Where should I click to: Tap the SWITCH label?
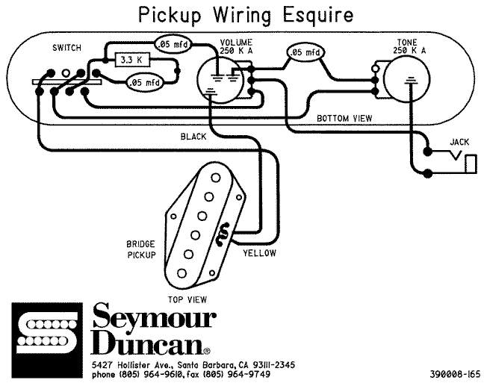pyautogui.click(x=68, y=49)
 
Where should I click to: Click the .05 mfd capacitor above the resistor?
pyautogui.click(x=171, y=46)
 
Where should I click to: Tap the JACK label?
pyautogui.click(x=459, y=141)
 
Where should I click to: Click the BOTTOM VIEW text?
pyautogui.click(x=345, y=118)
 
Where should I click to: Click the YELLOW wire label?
pyautogui.click(x=259, y=253)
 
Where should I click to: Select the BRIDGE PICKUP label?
pyautogui.click(x=140, y=249)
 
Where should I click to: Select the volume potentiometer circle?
pyautogui.click(x=222, y=78)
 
